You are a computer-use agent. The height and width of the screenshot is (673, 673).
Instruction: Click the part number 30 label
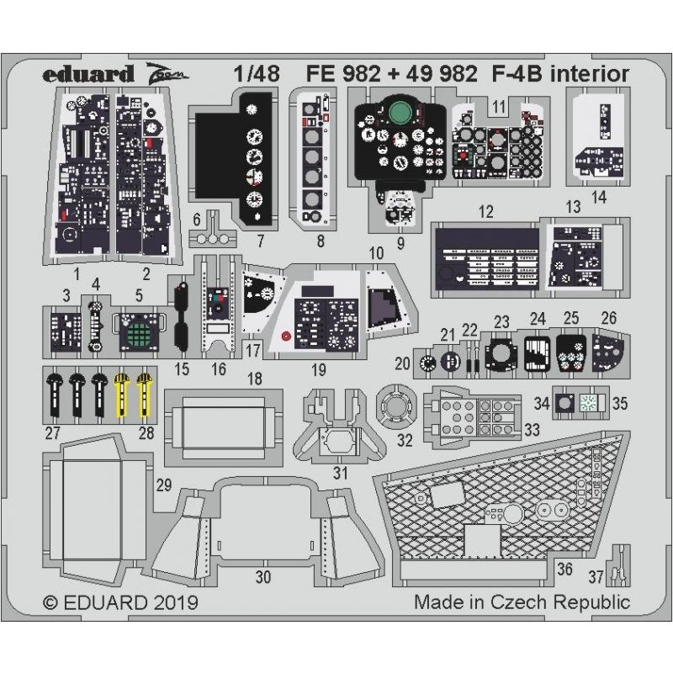263,576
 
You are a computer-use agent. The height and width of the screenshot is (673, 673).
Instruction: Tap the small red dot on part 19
286,337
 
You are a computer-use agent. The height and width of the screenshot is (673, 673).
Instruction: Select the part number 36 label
564,569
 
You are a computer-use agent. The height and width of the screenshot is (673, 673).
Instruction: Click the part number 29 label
164,485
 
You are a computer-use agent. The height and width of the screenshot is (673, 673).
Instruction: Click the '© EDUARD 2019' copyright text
119,603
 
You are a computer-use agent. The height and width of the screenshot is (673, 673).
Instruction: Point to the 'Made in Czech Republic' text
522,603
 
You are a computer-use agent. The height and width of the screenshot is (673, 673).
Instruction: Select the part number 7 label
262,241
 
